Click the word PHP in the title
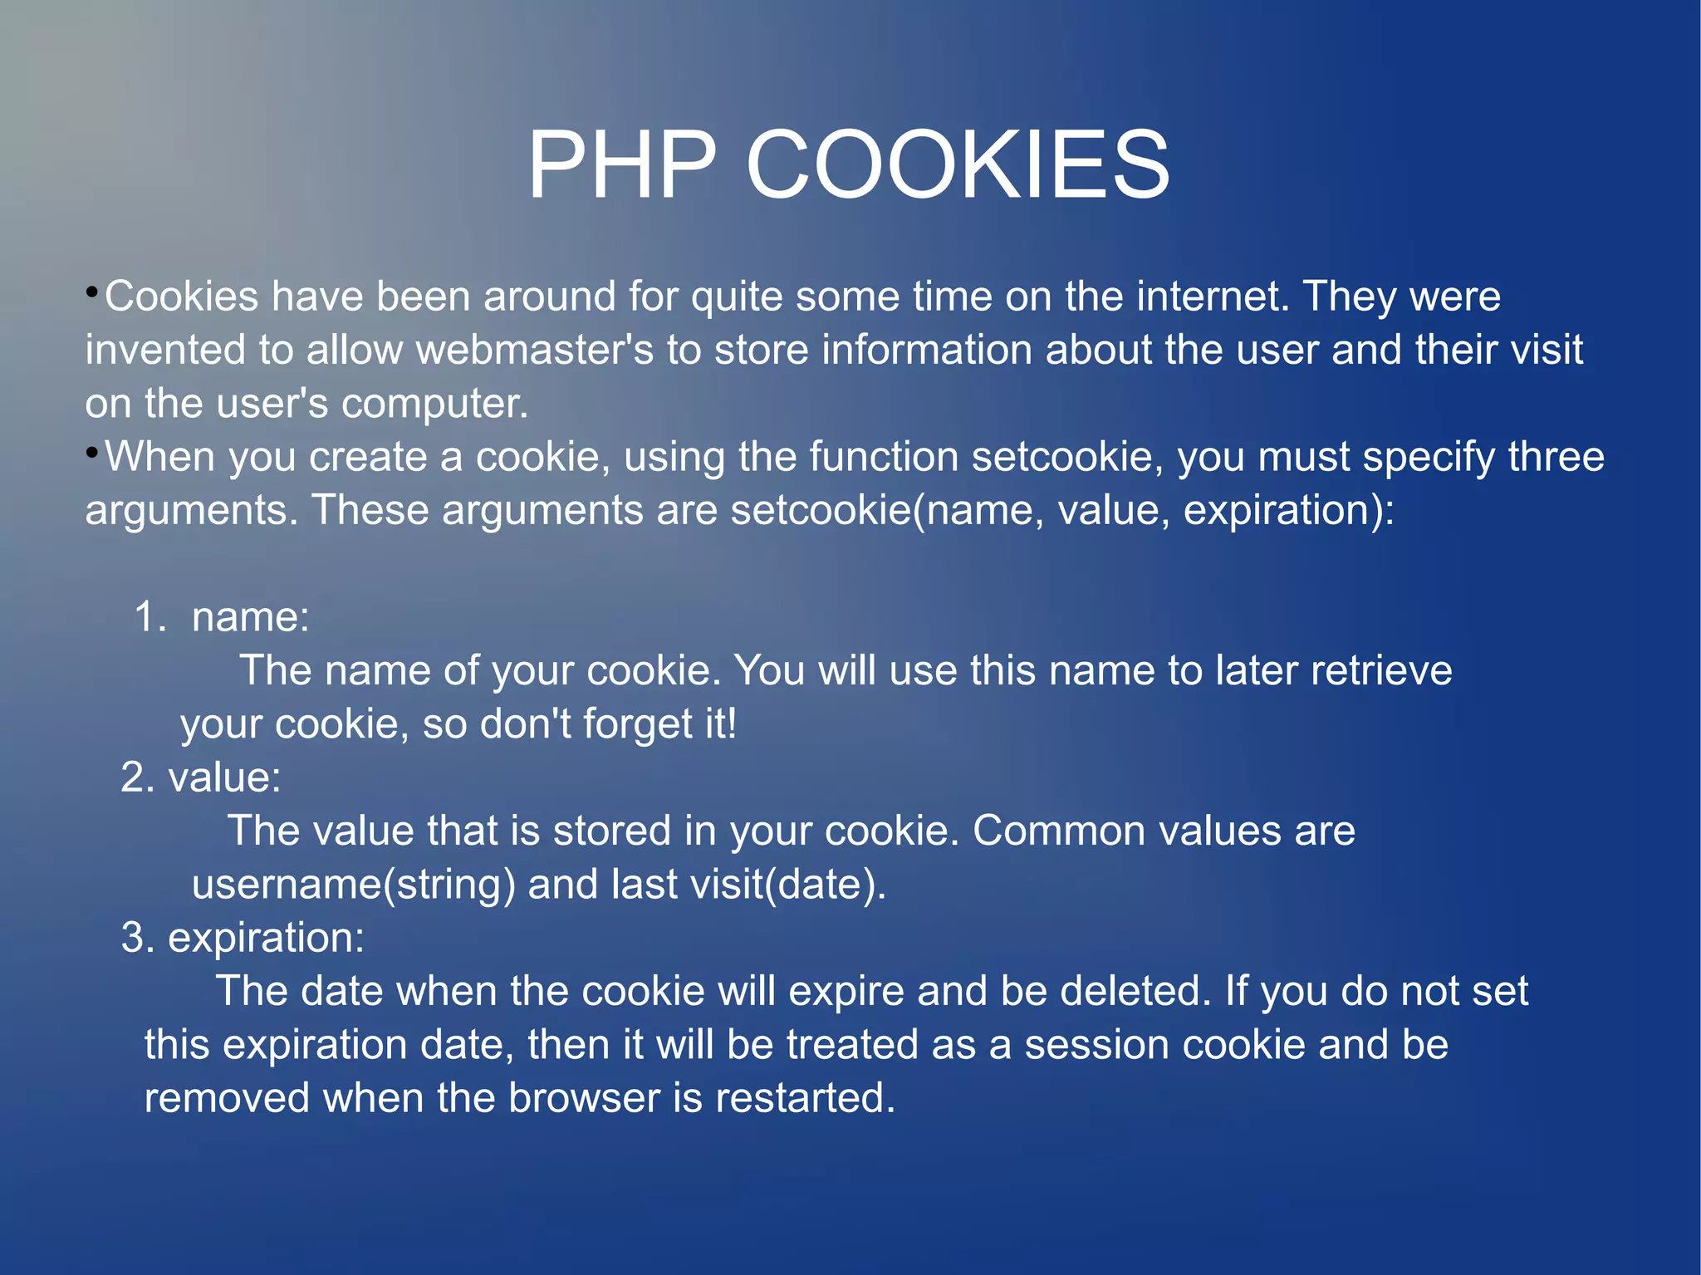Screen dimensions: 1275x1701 621,165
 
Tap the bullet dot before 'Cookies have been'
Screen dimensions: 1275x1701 92,292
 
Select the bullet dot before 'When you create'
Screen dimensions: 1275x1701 92,452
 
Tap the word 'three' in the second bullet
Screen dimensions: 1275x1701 1556,457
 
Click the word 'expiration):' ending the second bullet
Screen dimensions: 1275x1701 1288,510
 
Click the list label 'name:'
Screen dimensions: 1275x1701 250,617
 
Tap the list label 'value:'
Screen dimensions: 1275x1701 224,777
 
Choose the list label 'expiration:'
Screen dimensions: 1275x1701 266,938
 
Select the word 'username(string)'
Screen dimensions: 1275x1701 353,885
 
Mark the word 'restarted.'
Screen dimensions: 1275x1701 805,1098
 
